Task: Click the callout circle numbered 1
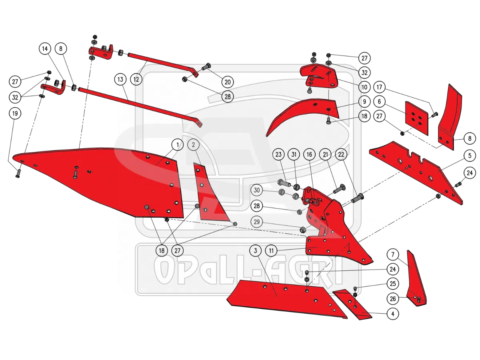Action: [x=177, y=144]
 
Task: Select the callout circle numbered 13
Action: [x=120, y=79]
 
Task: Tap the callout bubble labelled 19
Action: [x=15, y=114]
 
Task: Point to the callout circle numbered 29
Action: [x=256, y=222]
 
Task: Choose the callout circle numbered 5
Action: [x=470, y=156]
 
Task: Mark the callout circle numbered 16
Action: [x=309, y=154]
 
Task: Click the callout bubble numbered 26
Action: [x=393, y=298]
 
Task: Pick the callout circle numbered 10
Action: [x=364, y=87]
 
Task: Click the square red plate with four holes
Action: [x=416, y=118]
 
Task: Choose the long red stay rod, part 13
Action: [x=140, y=106]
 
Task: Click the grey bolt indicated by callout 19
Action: [x=18, y=174]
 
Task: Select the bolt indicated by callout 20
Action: [x=206, y=66]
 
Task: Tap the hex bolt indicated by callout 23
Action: [x=284, y=182]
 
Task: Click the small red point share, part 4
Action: [x=352, y=304]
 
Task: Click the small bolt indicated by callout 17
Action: [x=435, y=114]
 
